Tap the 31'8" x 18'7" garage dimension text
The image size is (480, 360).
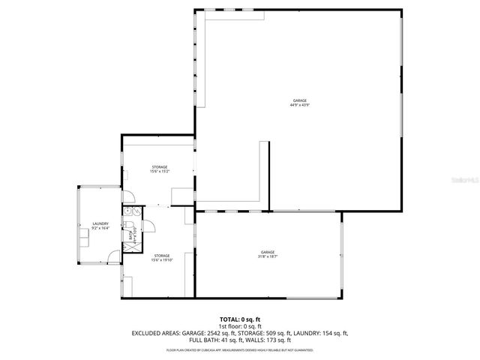pyautogui.click(x=268, y=257)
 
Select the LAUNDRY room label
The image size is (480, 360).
pyautogui.click(x=100, y=223)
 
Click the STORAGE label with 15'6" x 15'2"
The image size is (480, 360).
pyautogui.click(x=160, y=166)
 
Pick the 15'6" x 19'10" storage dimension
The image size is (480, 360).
pyautogui.click(x=162, y=260)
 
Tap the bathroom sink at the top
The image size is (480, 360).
pyautogui.click(x=130, y=212)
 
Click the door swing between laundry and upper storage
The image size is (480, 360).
pyautogui.click(x=127, y=196)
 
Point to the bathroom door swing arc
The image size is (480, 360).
pyautogui.click(x=146, y=226)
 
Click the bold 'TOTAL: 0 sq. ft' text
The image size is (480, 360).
pyautogui.click(x=240, y=319)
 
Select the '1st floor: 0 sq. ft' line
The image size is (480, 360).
pyautogui.click(x=240, y=326)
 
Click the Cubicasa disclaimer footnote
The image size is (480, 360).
pyautogui.click(x=240, y=349)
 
